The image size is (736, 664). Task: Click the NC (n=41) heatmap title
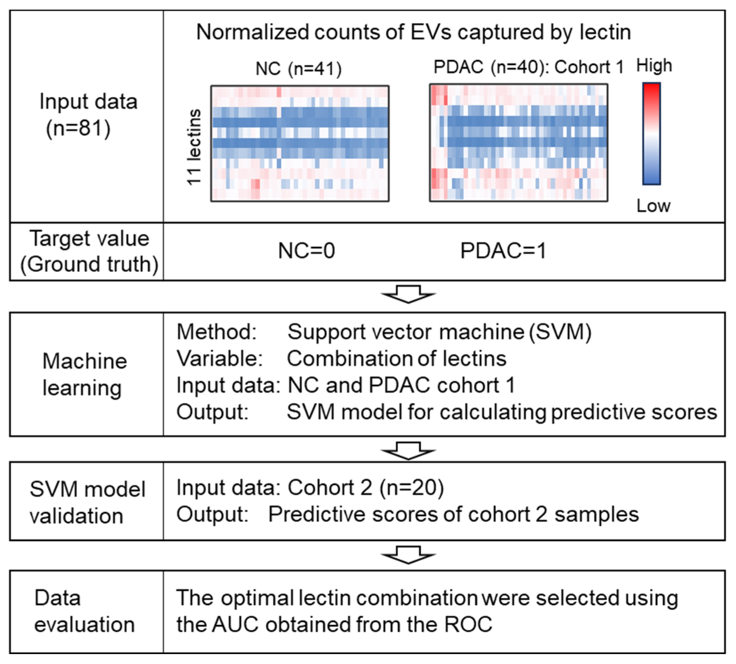[299, 69]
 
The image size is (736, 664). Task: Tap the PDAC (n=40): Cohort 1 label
[528, 67]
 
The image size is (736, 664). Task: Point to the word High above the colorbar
[654, 66]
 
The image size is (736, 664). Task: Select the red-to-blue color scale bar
[652, 134]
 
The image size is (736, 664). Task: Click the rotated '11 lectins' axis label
[193, 147]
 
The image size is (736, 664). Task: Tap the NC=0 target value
[306, 251]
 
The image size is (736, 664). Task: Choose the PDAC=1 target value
[503, 251]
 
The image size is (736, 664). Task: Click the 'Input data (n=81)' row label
[88, 115]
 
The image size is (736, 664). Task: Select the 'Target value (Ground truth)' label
[89, 251]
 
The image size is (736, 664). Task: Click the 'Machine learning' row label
[84, 374]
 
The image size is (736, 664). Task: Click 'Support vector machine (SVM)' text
[439, 332]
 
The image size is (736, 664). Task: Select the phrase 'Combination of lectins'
[397, 359]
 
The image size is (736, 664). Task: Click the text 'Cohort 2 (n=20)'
[365, 488]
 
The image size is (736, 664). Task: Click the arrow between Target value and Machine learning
[408, 294]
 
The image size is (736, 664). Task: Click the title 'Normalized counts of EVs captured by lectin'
[413, 32]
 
